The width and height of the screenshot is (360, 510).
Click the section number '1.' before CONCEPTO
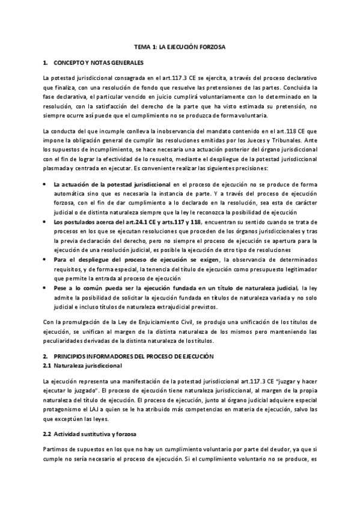tap(45, 63)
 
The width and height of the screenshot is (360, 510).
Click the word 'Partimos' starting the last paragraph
tap(55, 450)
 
